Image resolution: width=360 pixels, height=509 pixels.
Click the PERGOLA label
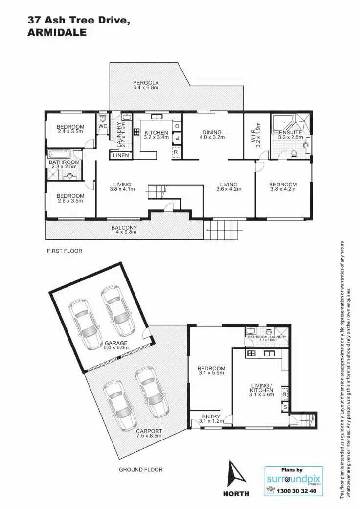click(146, 83)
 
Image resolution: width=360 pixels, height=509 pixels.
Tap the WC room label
click(103, 126)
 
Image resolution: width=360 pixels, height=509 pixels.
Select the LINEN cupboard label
click(120, 156)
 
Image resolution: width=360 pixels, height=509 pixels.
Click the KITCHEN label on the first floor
click(156, 133)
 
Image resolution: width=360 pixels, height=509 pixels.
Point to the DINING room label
click(212, 132)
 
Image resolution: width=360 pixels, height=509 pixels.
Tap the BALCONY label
click(124, 228)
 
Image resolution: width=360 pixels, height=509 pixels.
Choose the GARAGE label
click(115, 343)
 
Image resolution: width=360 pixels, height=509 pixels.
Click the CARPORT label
click(149, 431)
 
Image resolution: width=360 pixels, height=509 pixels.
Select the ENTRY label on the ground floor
click(211, 417)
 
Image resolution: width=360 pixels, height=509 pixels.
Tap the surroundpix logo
click(293, 479)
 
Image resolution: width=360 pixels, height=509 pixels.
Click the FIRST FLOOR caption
click(65, 251)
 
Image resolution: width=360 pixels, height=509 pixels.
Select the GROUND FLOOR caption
click(141, 469)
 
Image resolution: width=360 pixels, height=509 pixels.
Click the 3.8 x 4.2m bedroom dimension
click(283, 190)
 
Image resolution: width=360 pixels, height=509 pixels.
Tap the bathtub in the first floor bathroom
click(64, 154)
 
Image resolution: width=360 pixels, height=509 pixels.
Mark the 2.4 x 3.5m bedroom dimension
click(70, 132)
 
